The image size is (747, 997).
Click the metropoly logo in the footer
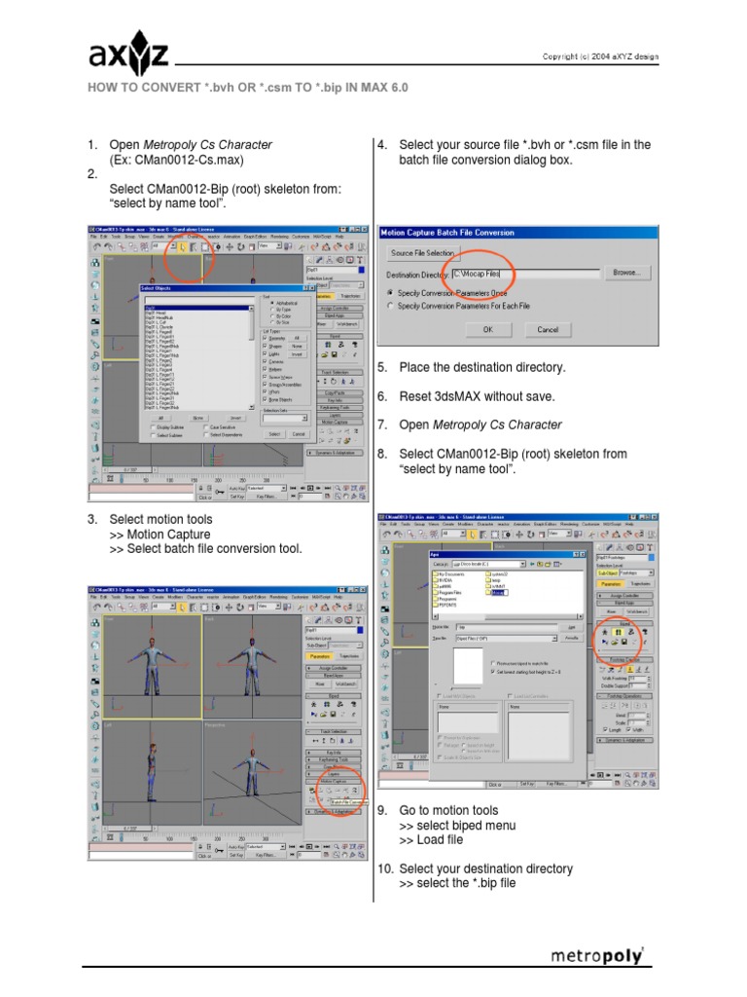[597, 955]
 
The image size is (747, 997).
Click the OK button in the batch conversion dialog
[487, 329]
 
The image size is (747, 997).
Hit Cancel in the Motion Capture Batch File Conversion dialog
[548, 329]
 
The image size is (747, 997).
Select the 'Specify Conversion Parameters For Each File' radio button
[391, 306]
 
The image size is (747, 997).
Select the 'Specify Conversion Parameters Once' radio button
[391, 291]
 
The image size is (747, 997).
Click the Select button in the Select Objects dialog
[275, 433]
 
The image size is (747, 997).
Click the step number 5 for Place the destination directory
[382, 368]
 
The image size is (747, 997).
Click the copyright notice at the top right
[599, 56]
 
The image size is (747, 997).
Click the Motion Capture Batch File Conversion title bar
[516, 234]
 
